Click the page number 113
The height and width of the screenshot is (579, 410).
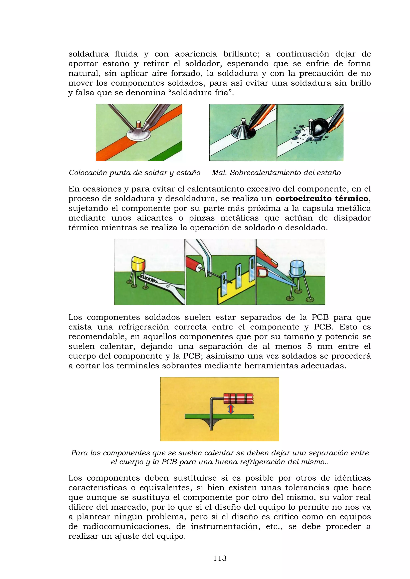click(220, 558)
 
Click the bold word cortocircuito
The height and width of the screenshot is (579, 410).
click(304, 199)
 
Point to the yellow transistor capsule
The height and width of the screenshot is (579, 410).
click(138, 264)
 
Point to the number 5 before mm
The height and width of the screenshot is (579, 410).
click(309, 346)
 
